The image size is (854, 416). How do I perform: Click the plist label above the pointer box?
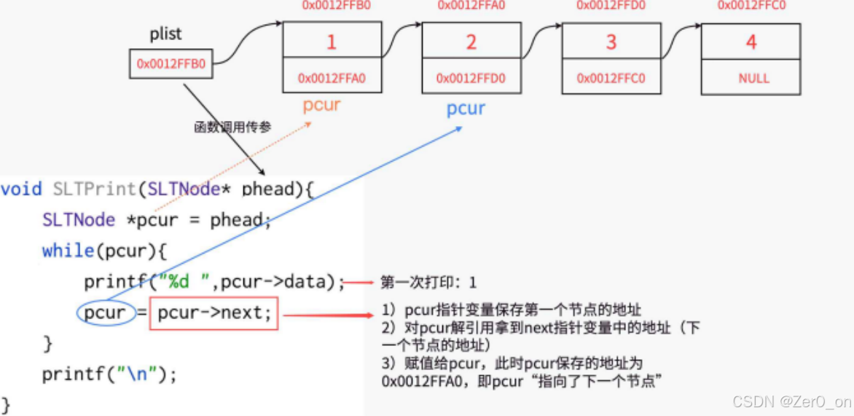coord(165,34)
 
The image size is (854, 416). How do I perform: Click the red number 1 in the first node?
coord(332,42)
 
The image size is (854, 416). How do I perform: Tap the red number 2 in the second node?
coord(471,42)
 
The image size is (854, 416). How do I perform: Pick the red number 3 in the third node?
coord(611,42)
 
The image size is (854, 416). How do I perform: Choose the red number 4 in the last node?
coord(751,42)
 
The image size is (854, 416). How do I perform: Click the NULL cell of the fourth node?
coord(751,78)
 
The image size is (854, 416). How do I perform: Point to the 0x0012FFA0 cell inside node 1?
coord(332,78)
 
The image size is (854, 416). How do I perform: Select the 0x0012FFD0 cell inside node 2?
coord(471,78)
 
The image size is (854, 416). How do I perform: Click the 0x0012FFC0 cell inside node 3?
coord(611,78)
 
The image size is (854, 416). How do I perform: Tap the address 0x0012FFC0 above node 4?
coord(751,6)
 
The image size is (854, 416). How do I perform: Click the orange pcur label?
coord(321,105)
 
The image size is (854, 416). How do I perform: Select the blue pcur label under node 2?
coord(466,109)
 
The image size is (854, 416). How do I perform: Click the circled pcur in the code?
coord(105,313)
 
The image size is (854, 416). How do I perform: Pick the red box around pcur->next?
coord(213,313)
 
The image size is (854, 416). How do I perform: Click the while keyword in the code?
coord(68,251)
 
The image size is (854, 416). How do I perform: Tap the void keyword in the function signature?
coord(21,189)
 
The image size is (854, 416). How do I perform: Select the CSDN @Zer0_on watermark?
coord(791,401)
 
